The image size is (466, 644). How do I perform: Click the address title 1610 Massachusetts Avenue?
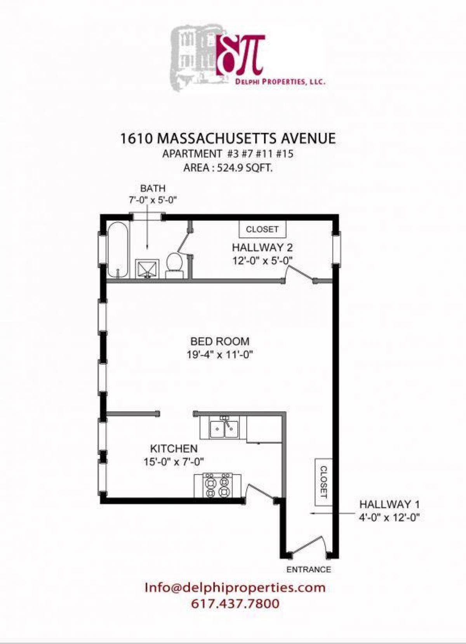click(x=228, y=139)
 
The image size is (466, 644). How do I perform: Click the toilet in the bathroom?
click(x=175, y=263)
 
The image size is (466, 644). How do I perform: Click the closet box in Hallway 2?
click(x=262, y=229)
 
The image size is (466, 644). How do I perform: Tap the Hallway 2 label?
click(x=262, y=247)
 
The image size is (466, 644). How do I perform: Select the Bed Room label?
click(x=220, y=341)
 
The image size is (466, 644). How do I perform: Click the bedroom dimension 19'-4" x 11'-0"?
click(x=220, y=355)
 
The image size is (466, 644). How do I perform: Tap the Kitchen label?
click(x=174, y=449)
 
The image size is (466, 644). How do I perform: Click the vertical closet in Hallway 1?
click(x=323, y=482)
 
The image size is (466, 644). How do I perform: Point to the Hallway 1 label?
click(x=389, y=505)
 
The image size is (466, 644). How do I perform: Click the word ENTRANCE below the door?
click(x=309, y=570)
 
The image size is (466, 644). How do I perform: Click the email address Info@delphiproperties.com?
click(x=235, y=587)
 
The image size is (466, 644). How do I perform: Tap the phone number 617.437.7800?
click(x=235, y=604)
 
